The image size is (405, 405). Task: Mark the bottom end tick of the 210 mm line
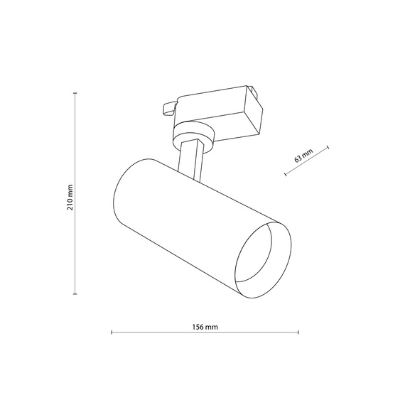click(77, 293)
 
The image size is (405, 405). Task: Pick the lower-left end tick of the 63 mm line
click(285, 175)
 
